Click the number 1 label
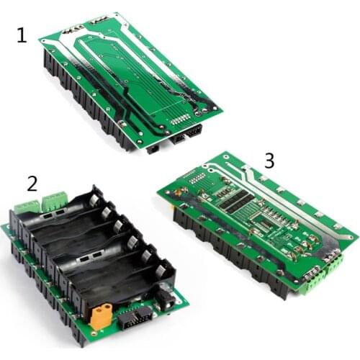[22, 34]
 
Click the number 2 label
[32, 183]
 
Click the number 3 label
[269, 160]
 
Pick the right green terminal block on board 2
[54, 198]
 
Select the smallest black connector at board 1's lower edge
[153, 149]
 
